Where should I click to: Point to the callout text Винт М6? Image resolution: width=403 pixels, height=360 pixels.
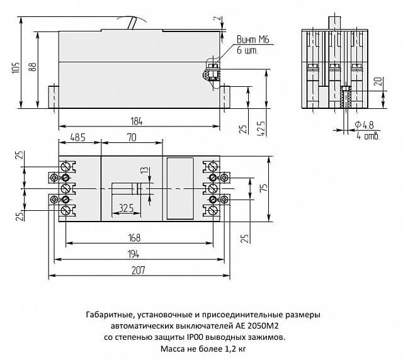tap(251, 40)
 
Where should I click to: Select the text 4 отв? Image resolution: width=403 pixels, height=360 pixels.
tap(366, 135)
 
